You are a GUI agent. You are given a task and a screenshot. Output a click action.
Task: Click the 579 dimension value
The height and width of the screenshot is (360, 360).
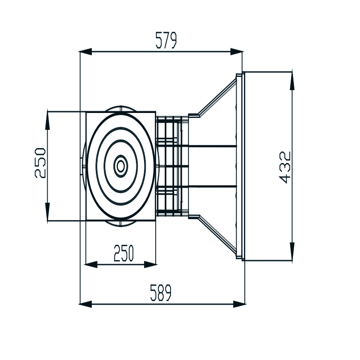(x=166, y=40)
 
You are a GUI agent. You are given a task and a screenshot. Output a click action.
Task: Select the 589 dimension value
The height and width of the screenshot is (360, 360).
(x=161, y=293)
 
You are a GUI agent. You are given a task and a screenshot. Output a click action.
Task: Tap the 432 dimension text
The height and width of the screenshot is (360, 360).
(x=285, y=167)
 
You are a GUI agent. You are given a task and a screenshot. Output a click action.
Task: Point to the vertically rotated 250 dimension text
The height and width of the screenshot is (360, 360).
(x=40, y=162)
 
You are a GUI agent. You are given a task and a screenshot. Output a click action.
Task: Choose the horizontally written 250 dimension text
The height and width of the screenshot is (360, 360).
(x=124, y=254)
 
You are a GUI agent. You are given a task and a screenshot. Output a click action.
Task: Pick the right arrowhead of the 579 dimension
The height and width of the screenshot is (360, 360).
(x=237, y=52)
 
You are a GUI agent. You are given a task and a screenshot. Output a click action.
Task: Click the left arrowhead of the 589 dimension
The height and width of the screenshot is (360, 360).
(x=86, y=304)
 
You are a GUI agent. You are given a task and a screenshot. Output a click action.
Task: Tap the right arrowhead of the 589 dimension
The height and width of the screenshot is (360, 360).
(x=240, y=304)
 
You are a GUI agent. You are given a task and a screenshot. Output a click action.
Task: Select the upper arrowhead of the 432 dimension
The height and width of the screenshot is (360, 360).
(x=292, y=79)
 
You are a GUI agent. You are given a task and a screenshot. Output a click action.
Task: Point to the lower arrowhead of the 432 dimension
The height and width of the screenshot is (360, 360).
(x=292, y=253)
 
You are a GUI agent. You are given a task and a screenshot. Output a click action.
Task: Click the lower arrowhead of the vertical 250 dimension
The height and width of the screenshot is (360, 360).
(x=47, y=213)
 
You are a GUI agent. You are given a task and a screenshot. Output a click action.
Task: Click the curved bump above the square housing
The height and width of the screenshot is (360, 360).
(x=121, y=109)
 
